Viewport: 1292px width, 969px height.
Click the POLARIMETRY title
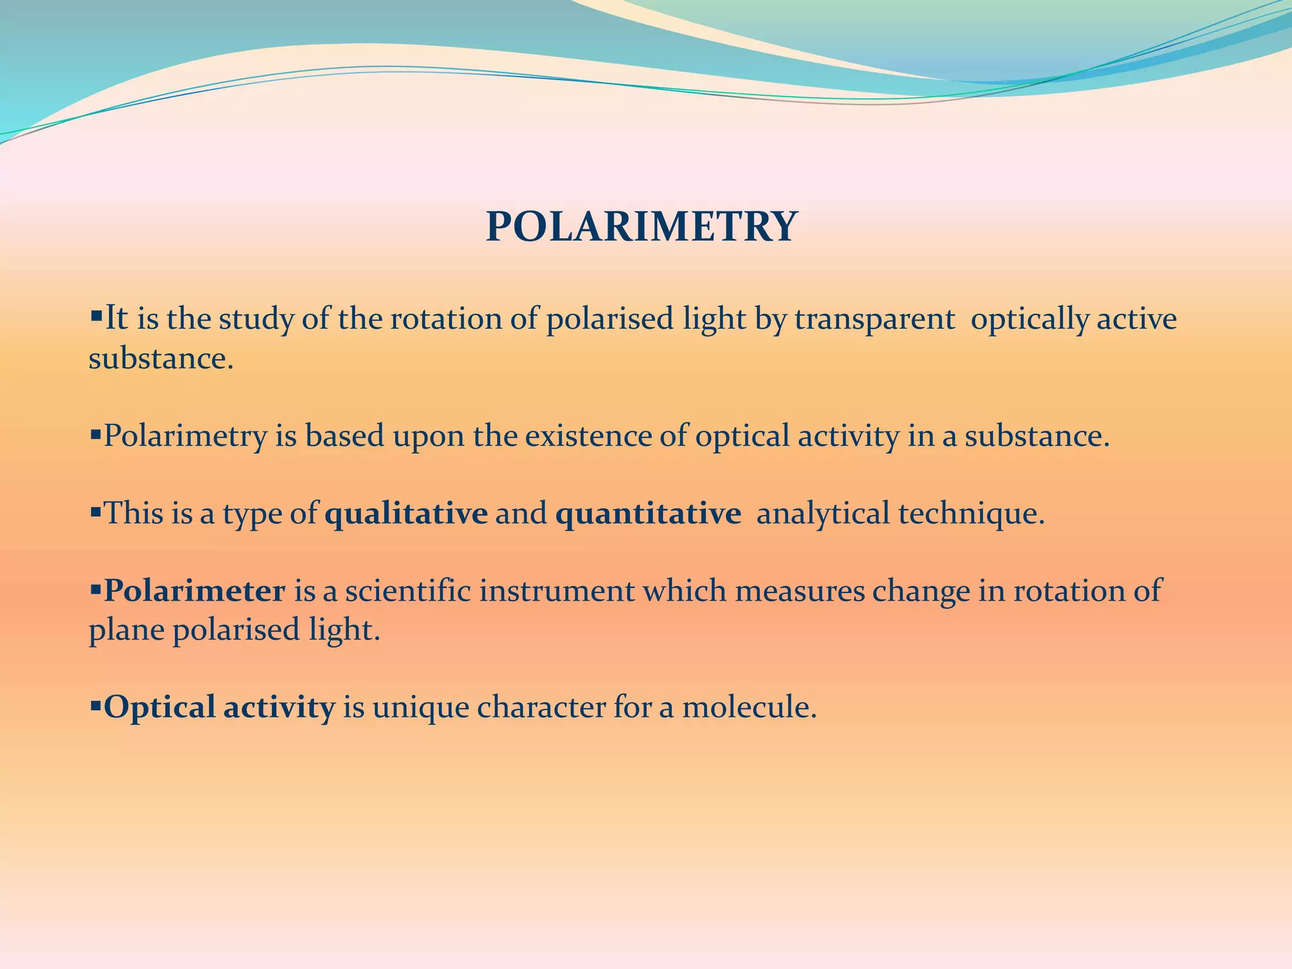click(x=642, y=226)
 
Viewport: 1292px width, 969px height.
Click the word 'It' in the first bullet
click(x=116, y=318)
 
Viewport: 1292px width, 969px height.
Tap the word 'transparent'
click(x=874, y=319)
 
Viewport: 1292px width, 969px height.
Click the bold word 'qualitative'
click(x=406, y=514)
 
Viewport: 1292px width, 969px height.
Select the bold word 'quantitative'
click(x=648, y=514)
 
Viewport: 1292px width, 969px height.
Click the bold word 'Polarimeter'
click(x=194, y=591)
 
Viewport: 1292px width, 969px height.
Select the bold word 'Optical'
click(x=160, y=708)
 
